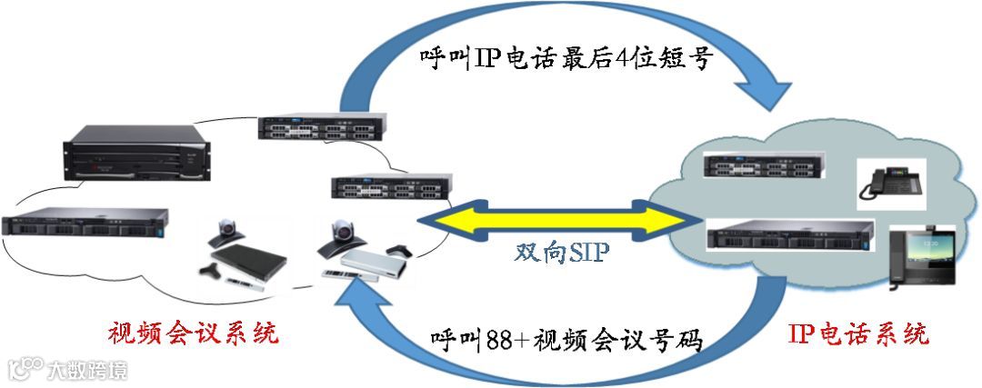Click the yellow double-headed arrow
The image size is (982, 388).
click(558, 221)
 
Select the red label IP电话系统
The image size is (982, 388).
click(858, 333)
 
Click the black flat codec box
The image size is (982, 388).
click(255, 259)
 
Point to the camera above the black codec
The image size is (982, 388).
click(225, 233)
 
